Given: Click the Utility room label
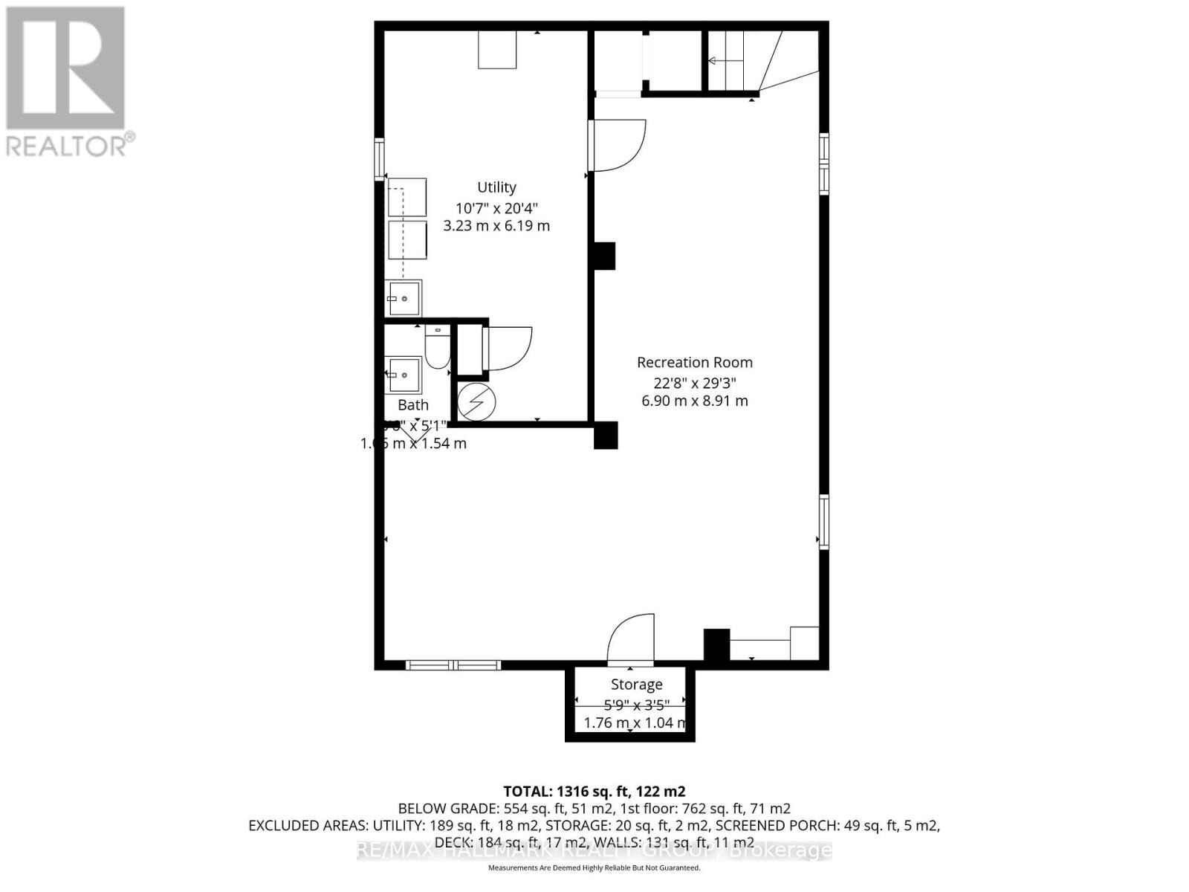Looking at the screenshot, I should point(496,187).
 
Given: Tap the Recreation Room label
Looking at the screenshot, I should point(694,363).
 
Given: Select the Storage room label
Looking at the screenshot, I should point(636,685).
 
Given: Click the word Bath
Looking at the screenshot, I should point(413,405).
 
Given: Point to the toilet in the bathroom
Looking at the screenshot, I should point(437,349).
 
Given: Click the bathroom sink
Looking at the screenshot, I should point(403,375).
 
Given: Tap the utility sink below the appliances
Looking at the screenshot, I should point(403,298).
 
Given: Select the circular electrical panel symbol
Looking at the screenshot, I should point(476,402).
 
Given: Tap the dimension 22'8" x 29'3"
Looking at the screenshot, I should point(694,383).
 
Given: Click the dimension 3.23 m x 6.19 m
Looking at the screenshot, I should point(496,226).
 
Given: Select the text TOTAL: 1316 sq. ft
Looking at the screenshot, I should point(594,791).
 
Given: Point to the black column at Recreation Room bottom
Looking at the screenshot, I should point(716,645).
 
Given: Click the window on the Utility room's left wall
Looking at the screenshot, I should point(380,159).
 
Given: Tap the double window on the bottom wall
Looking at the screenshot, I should point(453,665).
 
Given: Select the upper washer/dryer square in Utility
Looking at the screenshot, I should point(407,197).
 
